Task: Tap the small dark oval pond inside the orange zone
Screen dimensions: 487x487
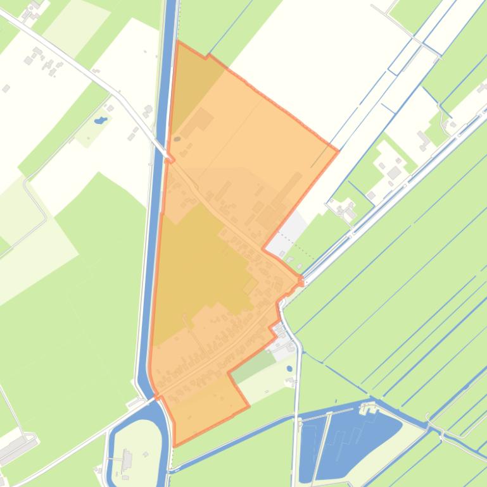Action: tap(177, 139)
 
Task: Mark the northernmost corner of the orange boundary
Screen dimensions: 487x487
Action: tap(177, 42)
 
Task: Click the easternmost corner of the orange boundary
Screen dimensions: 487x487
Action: tap(338, 151)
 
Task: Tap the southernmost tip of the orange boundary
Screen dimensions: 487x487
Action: tap(175, 445)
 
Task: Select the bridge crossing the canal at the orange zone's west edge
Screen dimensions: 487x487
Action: tap(168, 158)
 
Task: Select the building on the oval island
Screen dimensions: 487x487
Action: tap(127, 460)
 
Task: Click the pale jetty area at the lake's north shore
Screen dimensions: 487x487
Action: tap(367, 409)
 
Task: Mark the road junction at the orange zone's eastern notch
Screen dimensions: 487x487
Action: tap(301, 280)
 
